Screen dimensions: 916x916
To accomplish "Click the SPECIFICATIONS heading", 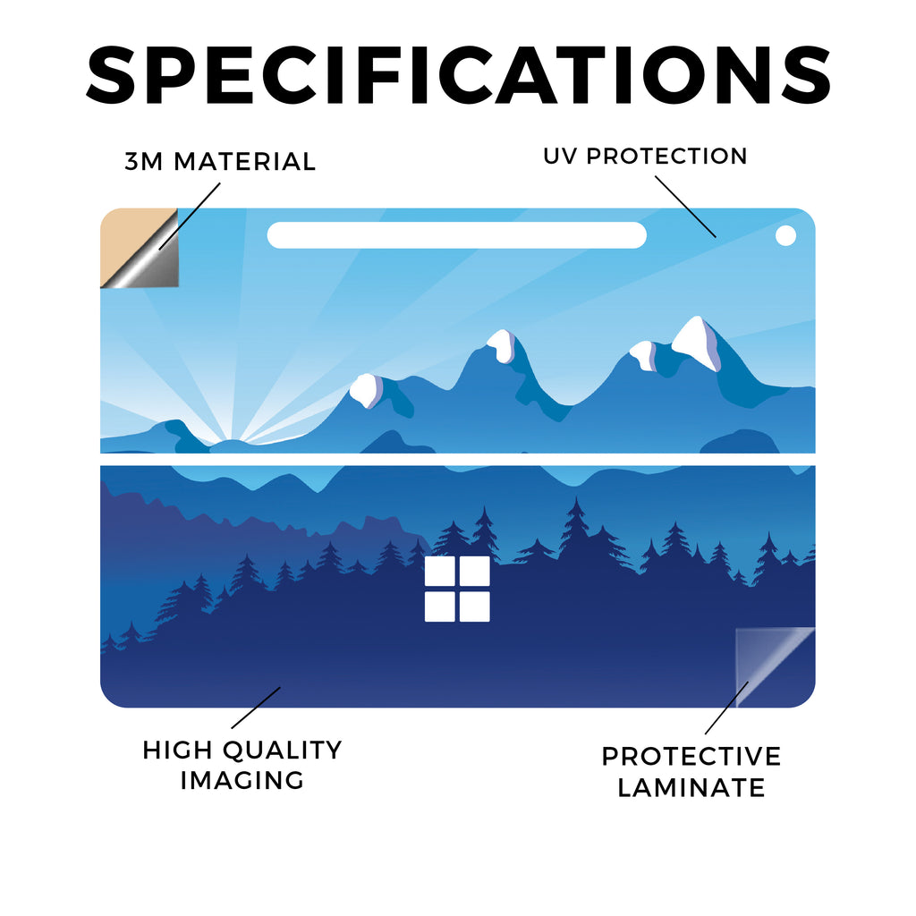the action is click(459, 75).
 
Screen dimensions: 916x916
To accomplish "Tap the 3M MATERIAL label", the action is click(220, 162).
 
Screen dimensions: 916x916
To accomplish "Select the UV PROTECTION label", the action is click(645, 156).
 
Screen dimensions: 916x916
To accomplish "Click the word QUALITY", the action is click(283, 751).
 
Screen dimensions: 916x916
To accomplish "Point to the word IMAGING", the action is click(242, 780).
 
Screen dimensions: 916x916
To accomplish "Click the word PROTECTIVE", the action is click(691, 757).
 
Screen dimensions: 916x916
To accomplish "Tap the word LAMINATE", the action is click(691, 787).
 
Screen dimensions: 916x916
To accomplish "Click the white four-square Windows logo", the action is click(457, 589).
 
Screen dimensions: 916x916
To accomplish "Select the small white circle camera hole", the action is click(785, 235).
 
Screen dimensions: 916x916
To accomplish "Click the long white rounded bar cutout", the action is click(457, 235).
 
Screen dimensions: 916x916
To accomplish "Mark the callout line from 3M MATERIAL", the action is click(190, 216).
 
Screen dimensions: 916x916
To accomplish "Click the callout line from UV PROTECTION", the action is click(685, 207).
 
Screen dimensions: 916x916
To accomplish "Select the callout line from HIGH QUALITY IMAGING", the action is click(256, 708).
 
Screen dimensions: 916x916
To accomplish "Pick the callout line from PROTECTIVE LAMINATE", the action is click(726, 708).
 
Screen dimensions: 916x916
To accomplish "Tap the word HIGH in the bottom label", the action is click(177, 751).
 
